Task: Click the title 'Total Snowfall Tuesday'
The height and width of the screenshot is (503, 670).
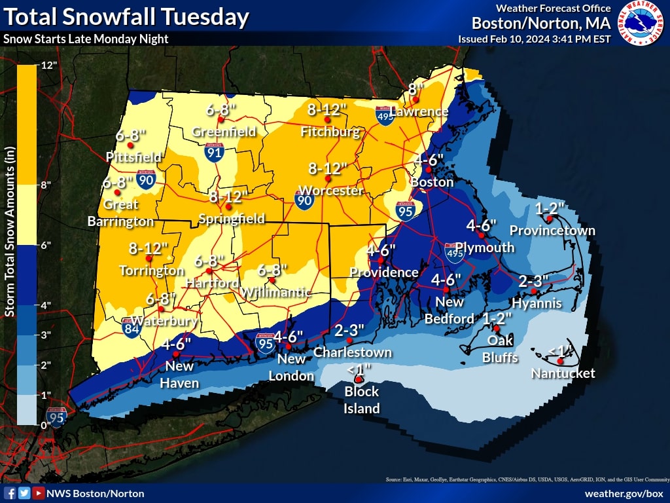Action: coord(126,16)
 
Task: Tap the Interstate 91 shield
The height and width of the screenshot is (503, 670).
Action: coord(214,153)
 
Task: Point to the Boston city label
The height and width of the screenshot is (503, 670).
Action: coord(432,182)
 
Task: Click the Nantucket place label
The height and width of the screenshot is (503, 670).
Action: coord(563,373)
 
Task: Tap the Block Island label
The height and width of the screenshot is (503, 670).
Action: coord(362,400)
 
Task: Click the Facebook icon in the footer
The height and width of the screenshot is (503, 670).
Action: coord(10,493)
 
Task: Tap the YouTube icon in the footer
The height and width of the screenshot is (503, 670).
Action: coord(39,493)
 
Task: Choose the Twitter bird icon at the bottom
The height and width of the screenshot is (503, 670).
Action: coord(24,493)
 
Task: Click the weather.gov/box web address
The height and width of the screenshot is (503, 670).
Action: coord(624,493)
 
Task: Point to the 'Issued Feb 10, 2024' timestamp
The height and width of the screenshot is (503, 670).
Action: coord(534,39)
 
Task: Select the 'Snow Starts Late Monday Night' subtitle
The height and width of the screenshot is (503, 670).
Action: coord(86,39)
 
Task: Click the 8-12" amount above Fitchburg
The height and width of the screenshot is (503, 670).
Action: coord(327,110)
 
